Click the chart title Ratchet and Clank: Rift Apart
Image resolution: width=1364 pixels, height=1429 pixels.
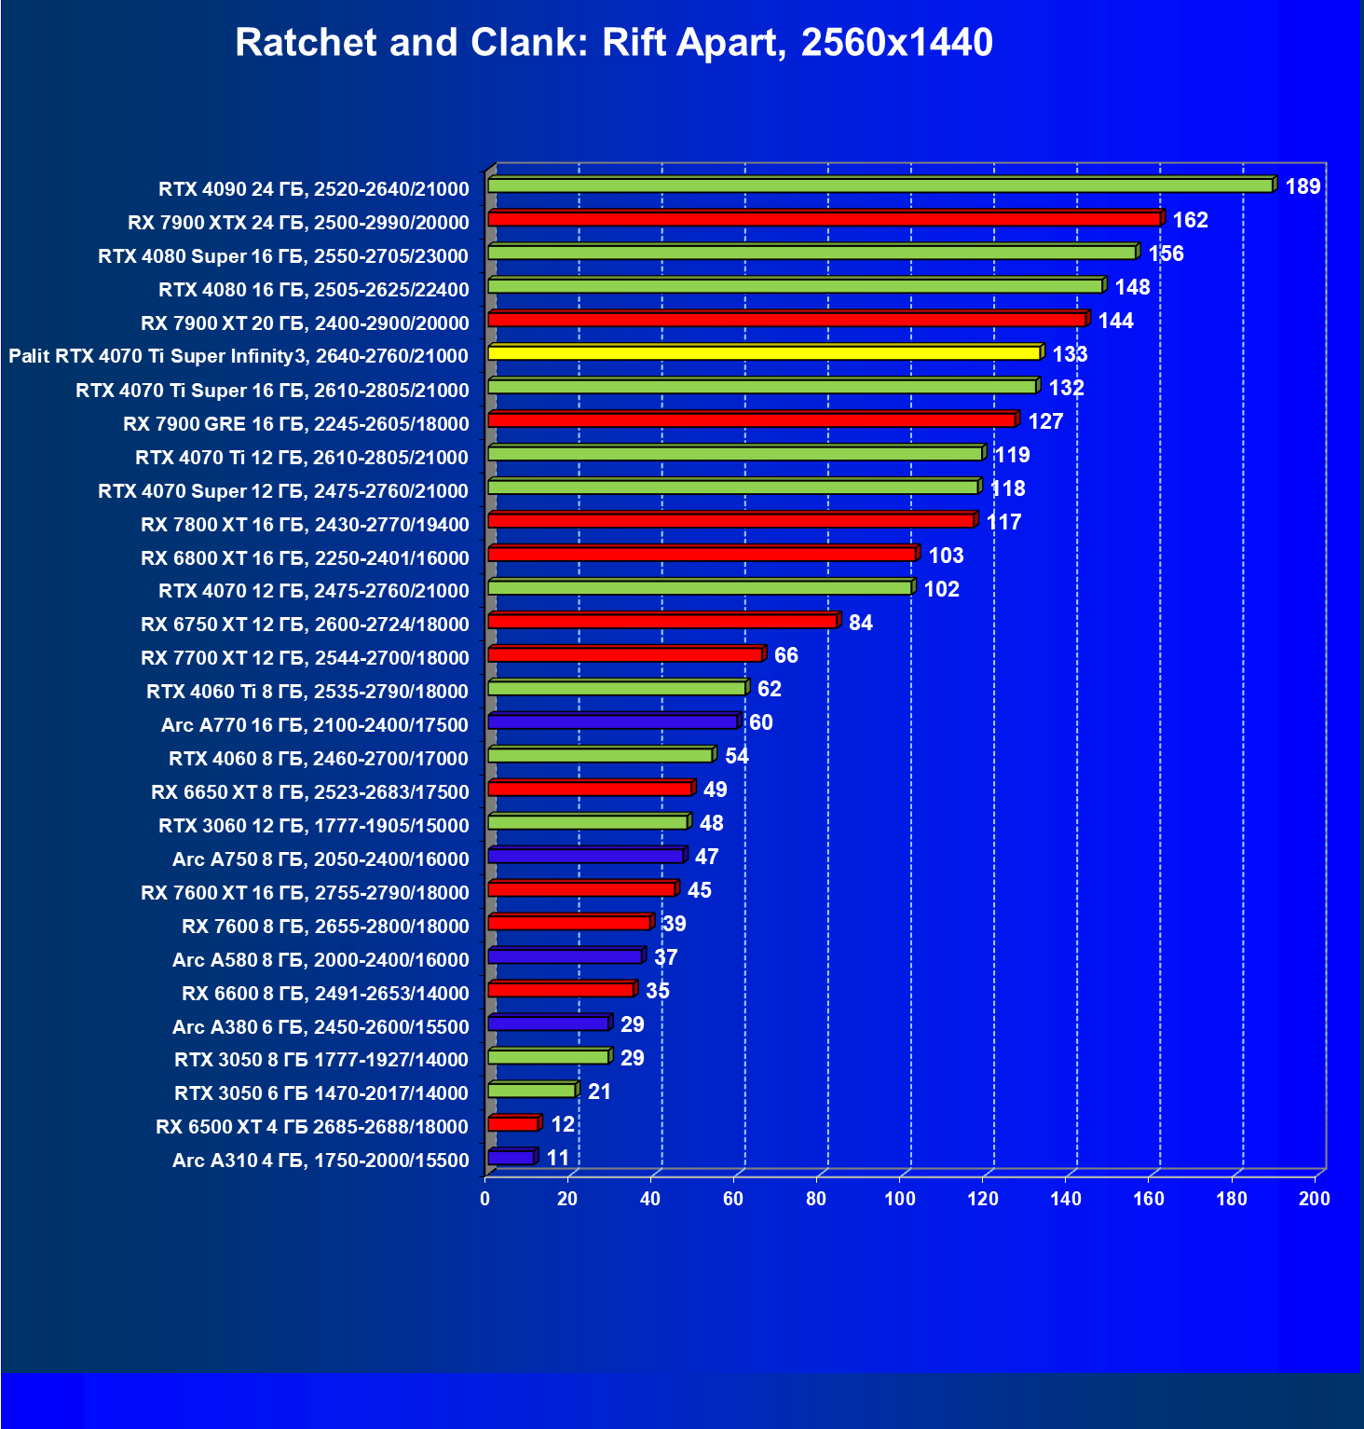point(614,43)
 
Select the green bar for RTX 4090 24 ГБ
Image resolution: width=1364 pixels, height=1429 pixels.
point(880,185)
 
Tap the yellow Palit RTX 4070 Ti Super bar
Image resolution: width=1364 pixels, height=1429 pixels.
point(764,352)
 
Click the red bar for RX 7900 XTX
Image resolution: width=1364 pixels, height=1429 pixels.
point(824,219)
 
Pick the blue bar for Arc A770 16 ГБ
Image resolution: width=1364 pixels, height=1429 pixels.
point(612,721)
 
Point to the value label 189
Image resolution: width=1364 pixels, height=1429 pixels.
point(1303,186)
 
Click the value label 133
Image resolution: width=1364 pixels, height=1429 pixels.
point(1070,354)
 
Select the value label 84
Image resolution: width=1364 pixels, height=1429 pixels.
point(860,623)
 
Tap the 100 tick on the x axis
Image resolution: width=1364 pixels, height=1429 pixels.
point(900,1199)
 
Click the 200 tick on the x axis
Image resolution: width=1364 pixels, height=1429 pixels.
point(1315,1199)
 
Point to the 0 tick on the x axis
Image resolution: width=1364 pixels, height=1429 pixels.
point(484,1199)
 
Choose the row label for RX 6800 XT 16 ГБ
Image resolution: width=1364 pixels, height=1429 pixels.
point(305,557)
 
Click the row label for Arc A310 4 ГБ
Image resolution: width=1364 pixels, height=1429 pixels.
point(321,1160)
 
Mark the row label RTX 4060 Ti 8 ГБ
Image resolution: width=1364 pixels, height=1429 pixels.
point(307,691)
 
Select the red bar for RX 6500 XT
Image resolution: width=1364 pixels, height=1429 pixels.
point(512,1124)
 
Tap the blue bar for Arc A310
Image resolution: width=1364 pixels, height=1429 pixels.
point(511,1158)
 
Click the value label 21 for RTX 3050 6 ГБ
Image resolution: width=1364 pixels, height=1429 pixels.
point(599,1092)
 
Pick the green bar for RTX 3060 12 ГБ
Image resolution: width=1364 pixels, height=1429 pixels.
point(588,822)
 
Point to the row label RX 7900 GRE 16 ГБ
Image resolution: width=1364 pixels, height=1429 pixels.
point(296,423)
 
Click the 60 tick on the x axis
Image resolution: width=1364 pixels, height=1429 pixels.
point(733,1199)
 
